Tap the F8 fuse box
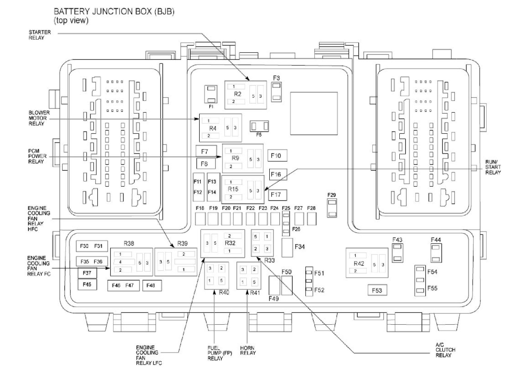tap(204, 164)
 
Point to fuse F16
tap(276, 175)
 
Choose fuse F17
tap(276, 194)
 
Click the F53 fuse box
tap(377, 290)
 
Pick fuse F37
tap(86, 273)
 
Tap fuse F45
tap(86, 285)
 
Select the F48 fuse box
tap(151, 286)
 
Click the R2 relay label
tap(238, 94)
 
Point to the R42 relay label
tap(359, 263)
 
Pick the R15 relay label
tap(233, 189)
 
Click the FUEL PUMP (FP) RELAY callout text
tap(217, 352)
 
